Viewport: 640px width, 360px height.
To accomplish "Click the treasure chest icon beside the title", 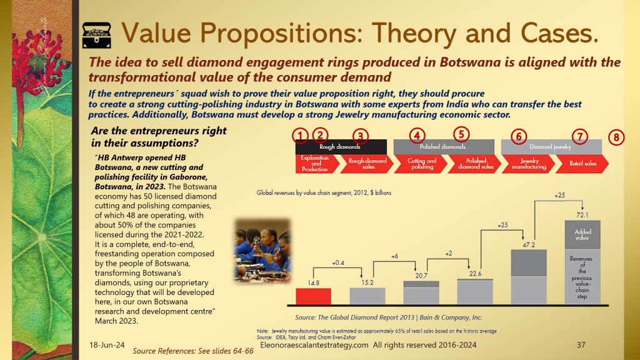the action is click(96, 35).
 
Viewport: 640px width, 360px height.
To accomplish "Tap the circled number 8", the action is click(616, 137).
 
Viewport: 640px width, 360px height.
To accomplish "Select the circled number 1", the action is click(301, 136).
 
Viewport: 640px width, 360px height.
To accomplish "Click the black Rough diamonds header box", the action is click(341, 147).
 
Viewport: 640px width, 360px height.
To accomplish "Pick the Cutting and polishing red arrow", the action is click(421, 164).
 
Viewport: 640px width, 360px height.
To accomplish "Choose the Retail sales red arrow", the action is click(582, 164).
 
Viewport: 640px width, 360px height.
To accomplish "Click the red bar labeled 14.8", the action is click(314, 296).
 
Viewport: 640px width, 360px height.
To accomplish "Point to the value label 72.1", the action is click(582, 215).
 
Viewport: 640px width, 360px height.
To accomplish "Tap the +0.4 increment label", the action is click(338, 263).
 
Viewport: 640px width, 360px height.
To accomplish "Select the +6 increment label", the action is click(394, 256).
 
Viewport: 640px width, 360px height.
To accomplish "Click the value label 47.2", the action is click(529, 245).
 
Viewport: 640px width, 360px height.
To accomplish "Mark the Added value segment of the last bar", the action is click(582, 235).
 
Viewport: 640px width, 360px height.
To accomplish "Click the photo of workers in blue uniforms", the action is click(263, 251).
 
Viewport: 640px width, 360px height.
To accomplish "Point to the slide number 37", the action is click(581, 345).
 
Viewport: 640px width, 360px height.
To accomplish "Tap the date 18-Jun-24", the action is click(107, 345).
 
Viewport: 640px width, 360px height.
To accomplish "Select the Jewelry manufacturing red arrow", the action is click(528, 164).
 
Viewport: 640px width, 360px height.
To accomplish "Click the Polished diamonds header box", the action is click(444, 147).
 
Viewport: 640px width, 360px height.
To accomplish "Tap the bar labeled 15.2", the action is click(367, 296).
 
